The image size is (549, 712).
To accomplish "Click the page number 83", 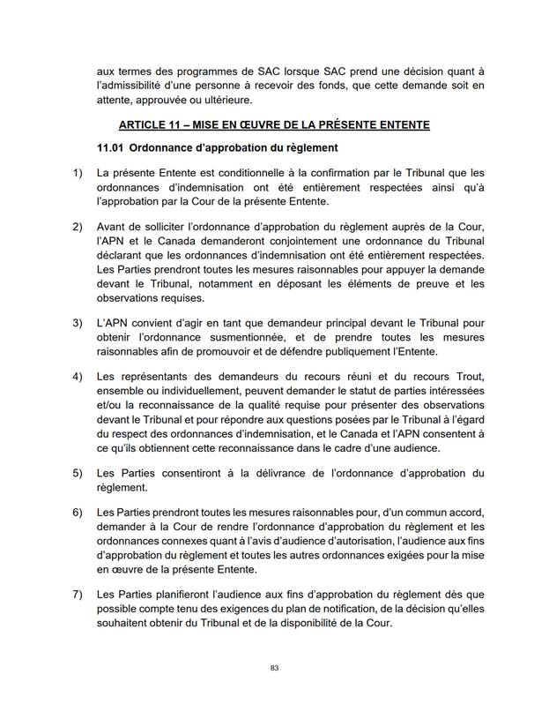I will pos(274,668).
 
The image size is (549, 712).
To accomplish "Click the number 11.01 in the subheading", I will pos(113,146).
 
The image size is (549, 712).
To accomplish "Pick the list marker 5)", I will pos(77,473).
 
